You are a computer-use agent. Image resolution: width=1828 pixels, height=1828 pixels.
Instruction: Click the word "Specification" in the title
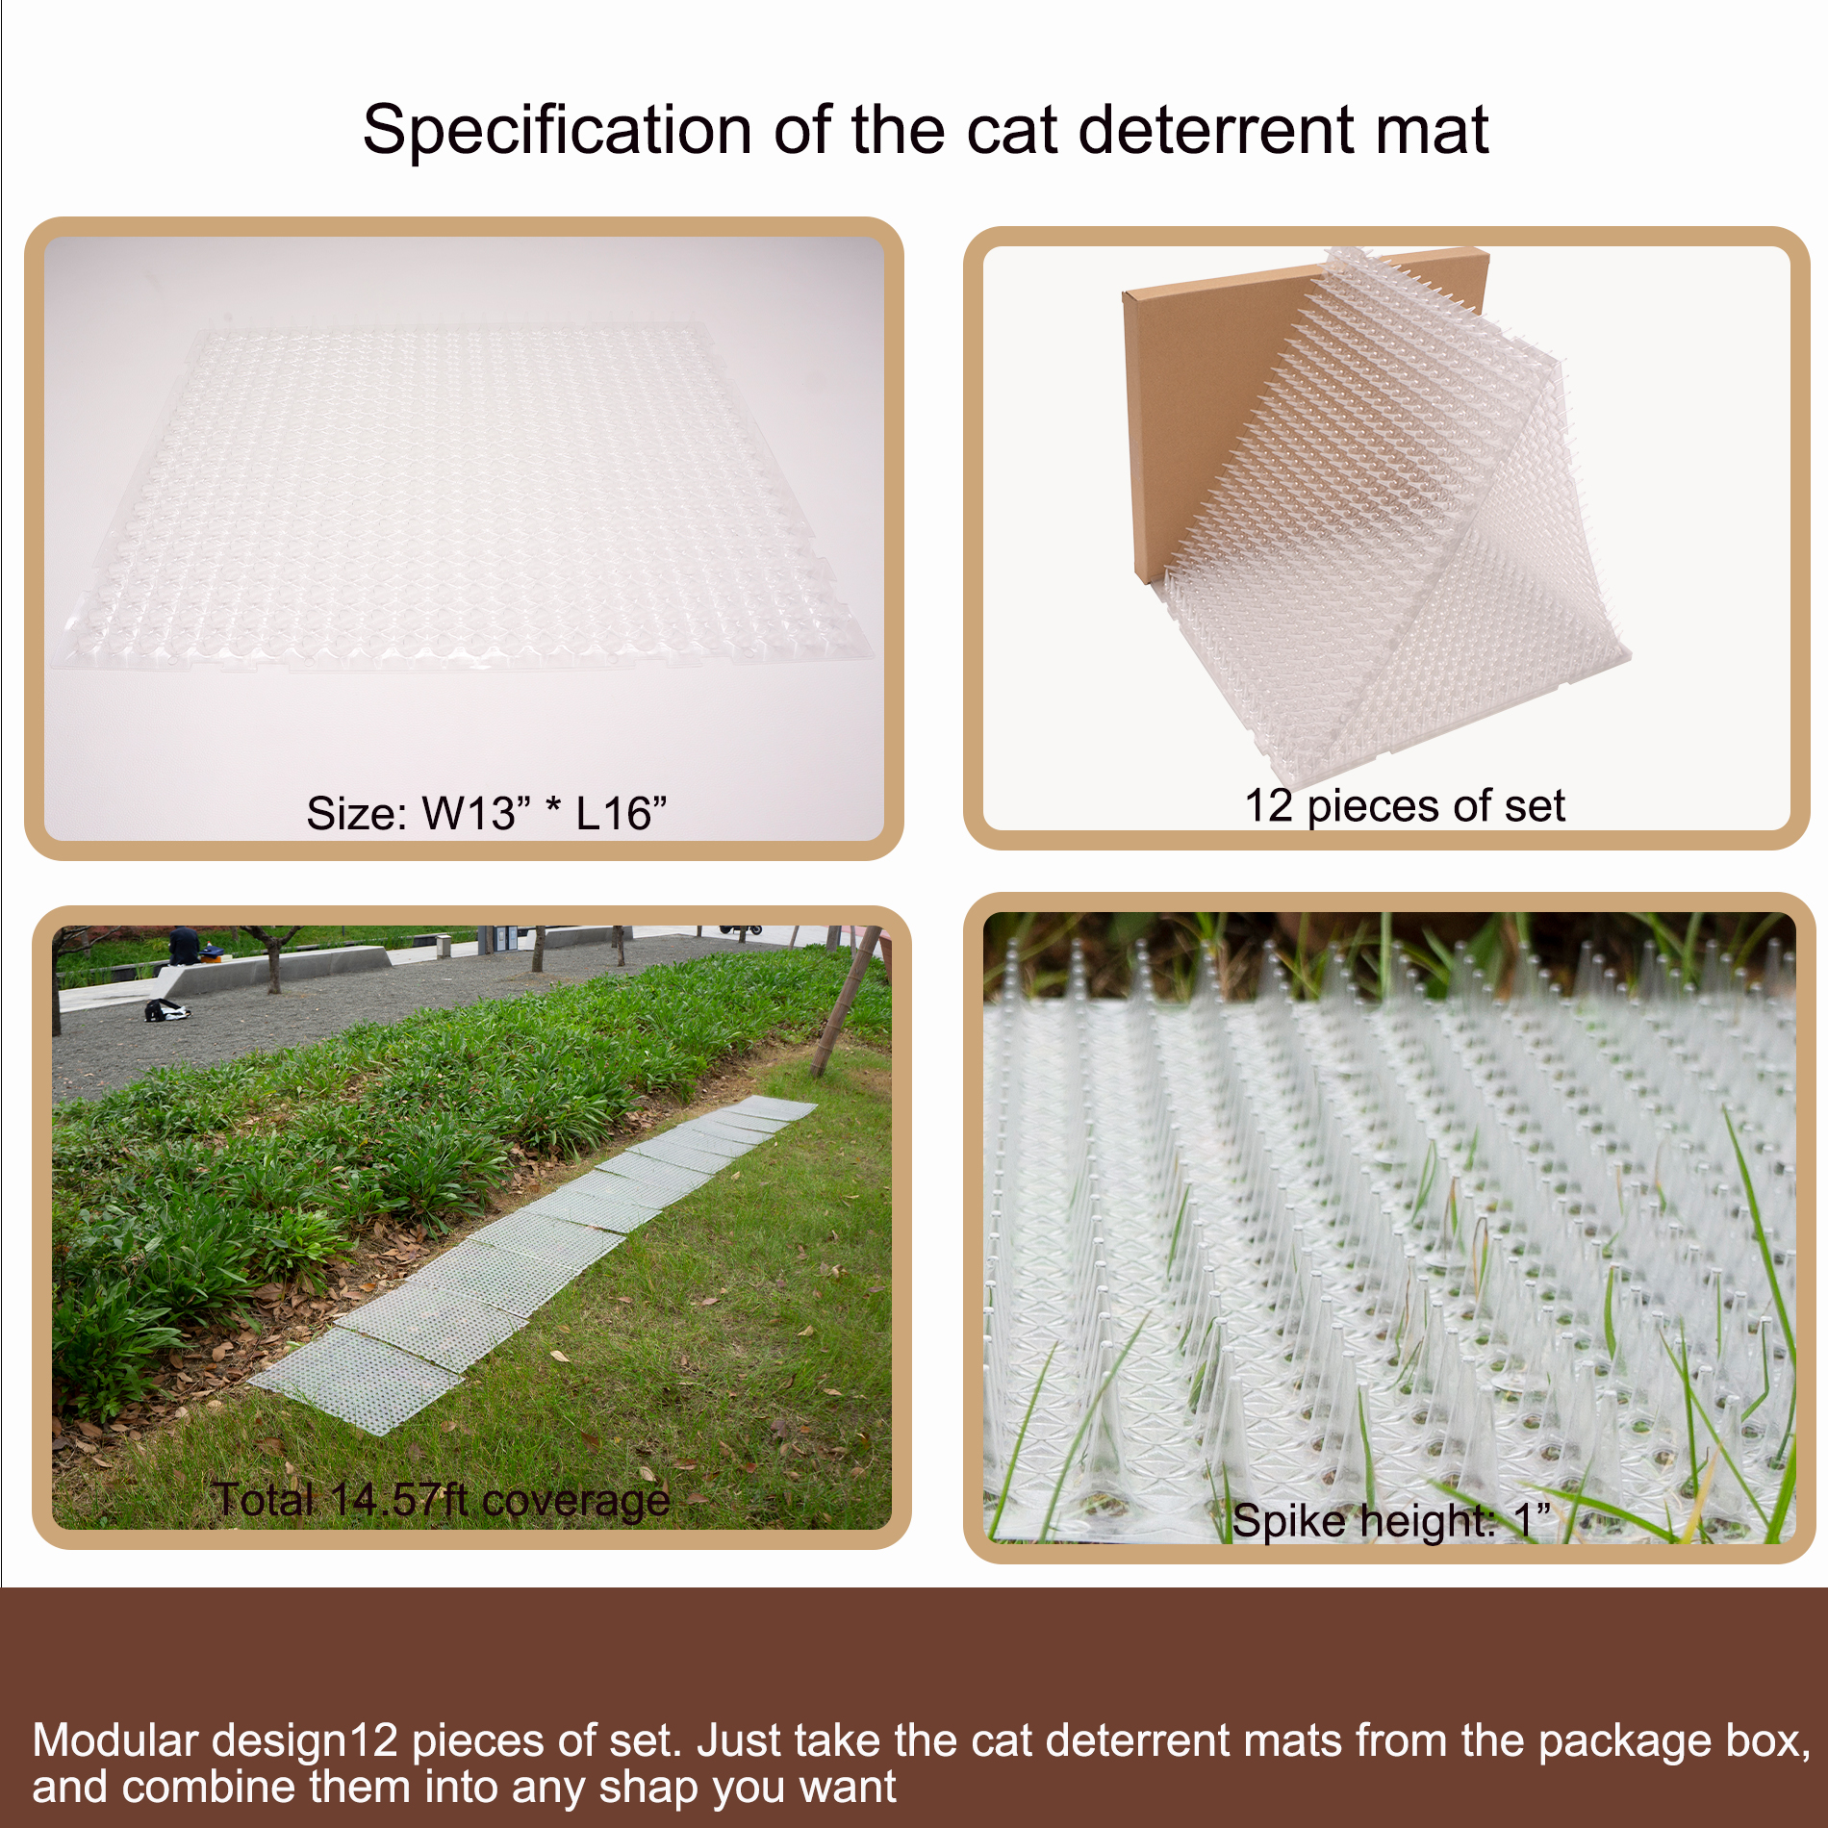click(556, 131)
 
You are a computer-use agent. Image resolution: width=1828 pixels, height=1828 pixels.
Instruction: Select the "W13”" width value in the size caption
click(475, 814)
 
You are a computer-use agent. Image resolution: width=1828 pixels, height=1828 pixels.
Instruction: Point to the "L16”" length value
click(621, 814)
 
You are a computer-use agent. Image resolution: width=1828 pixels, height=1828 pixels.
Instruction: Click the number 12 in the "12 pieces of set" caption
click(1268, 805)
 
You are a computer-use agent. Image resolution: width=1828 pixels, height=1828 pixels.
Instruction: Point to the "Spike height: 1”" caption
click(1390, 1521)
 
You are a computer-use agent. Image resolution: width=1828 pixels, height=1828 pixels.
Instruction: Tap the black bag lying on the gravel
click(165, 1010)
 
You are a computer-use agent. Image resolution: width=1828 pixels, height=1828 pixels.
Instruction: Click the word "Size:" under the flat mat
click(357, 814)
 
